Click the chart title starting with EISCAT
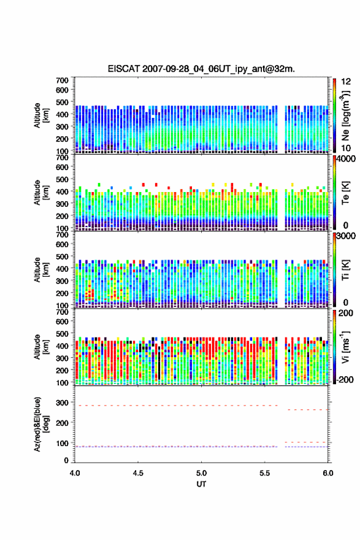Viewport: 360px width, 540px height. click(201, 69)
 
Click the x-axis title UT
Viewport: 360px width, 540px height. click(201, 484)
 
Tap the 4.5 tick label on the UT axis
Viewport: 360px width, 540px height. click(138, 473)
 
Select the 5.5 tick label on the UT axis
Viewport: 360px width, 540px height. click(265, 473)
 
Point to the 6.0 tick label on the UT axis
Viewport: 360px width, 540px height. click(327, 473)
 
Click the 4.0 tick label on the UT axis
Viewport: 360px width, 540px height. click(75, 473)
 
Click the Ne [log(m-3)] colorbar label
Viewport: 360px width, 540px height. click(345, 115)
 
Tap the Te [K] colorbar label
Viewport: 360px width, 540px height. click(345, 193)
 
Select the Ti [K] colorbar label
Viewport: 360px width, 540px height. click(345, 269)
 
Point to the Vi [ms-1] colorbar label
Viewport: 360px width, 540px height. click(345, 347)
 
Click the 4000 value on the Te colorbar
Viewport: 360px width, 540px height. click(346, 160)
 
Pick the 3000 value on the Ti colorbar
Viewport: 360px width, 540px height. click(346, 236)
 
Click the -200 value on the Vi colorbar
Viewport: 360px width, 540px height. click(345, 379)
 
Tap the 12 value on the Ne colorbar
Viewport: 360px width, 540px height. click(346, 82)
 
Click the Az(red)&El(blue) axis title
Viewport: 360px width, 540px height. click(40, 424)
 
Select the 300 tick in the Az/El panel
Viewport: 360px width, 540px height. click(63, 403)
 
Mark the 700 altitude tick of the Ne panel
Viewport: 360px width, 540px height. click(63, 80)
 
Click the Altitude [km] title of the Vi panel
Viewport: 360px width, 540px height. click(40, 347)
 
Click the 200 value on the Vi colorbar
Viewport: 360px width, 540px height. click(346, 314)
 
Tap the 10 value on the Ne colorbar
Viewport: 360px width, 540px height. click(346, 148)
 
